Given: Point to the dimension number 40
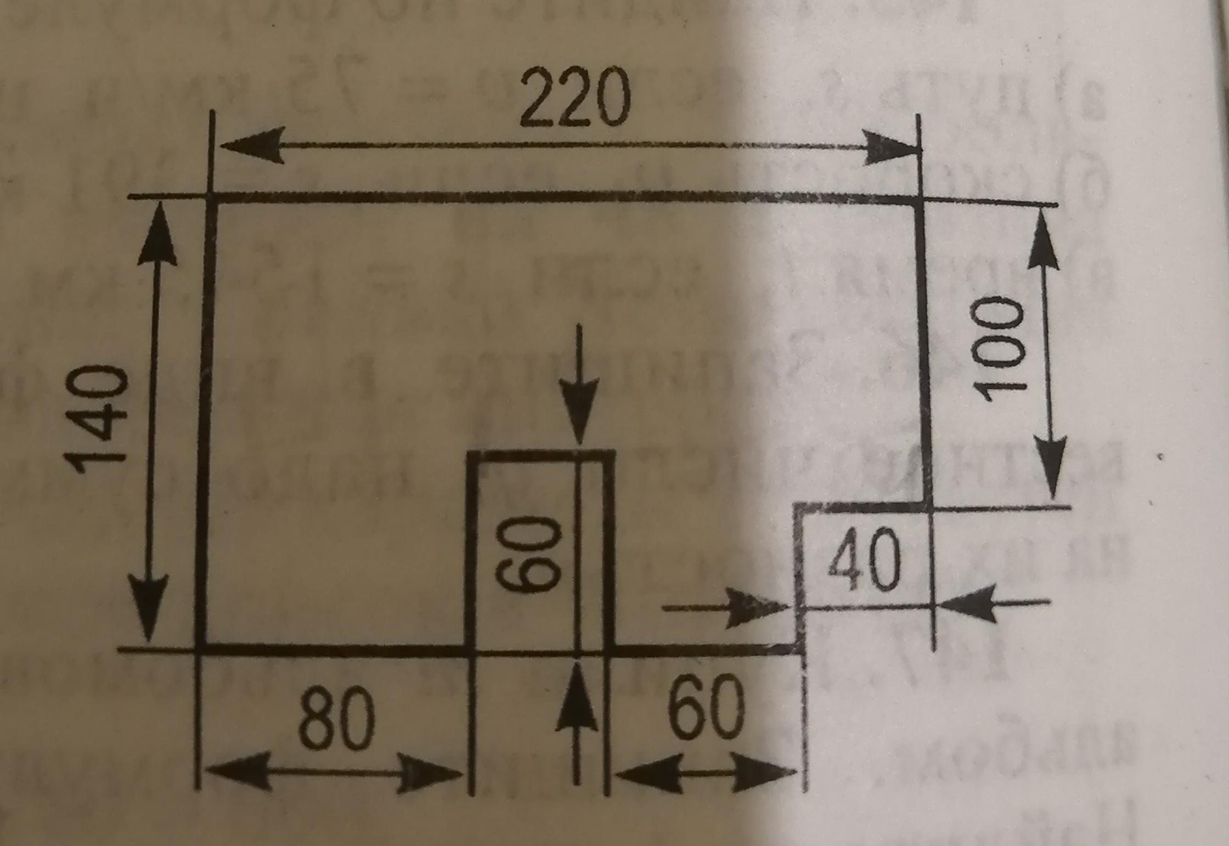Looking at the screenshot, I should click(x=865, y=560).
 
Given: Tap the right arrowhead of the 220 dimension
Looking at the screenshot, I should click(x=888, y=146).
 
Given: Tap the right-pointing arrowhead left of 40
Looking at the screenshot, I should click(x=754, y=608).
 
